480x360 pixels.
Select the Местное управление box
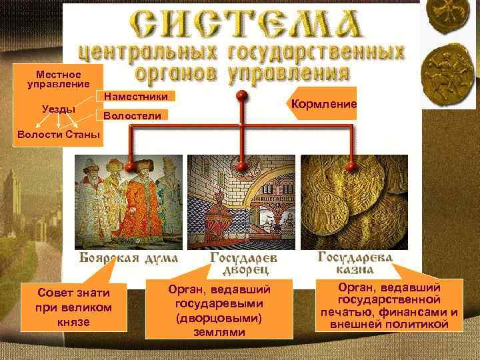(x=58, y=79)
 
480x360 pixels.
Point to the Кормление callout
(x=323, y=105)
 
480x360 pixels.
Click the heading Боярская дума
(x=129, y=258)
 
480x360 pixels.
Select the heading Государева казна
(x=355, y=263)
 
